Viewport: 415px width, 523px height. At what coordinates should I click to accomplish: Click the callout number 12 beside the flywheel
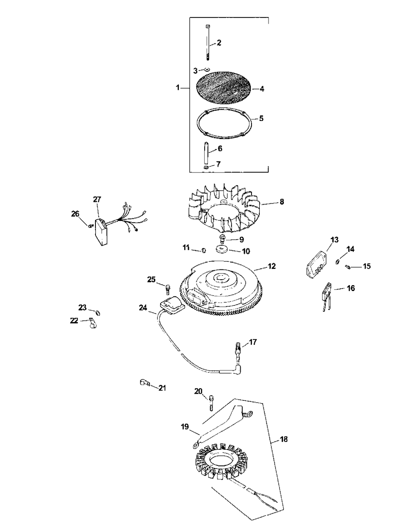[x=272, y=266]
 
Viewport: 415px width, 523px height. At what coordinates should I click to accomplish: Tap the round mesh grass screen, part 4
[x=223, y=88]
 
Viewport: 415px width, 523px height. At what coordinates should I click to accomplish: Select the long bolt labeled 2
[x=207, y=43]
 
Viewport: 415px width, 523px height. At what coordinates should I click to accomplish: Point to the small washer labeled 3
[x=207, y=70]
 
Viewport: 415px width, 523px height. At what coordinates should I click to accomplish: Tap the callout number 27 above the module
[x=97, y=199]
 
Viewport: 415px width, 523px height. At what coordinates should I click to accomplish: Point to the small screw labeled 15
[x=347, y=267]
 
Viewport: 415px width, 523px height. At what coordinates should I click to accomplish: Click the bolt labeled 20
[x=211, y=403]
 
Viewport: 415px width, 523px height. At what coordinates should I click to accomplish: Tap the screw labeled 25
[x=168, y=289]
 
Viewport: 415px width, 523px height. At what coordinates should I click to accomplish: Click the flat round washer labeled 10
[x=222, y=249]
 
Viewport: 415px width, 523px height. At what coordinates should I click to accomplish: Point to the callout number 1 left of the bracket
[x=178, y=87]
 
